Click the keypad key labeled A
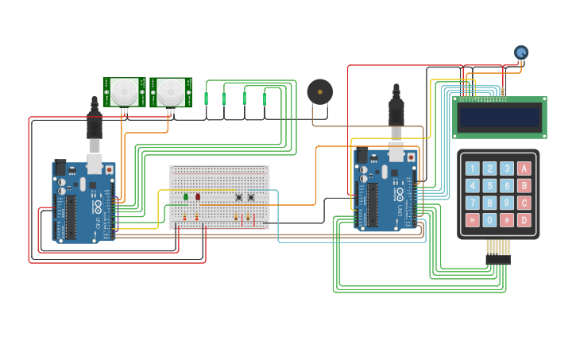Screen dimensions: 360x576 524,168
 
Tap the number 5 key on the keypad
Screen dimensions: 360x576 489,186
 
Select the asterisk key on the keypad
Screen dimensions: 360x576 473,220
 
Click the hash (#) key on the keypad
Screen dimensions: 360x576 507,220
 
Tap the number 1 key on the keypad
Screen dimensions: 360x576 473,168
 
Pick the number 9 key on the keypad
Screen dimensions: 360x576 507,203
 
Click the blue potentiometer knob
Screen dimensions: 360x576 521,52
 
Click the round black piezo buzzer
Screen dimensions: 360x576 320,91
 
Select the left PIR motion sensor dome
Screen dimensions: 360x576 124,91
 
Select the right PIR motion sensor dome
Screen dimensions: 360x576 170,91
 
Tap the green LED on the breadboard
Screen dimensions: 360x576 186,196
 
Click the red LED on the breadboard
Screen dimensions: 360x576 198,196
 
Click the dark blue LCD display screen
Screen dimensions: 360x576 500,118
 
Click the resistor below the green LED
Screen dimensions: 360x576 185,218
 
